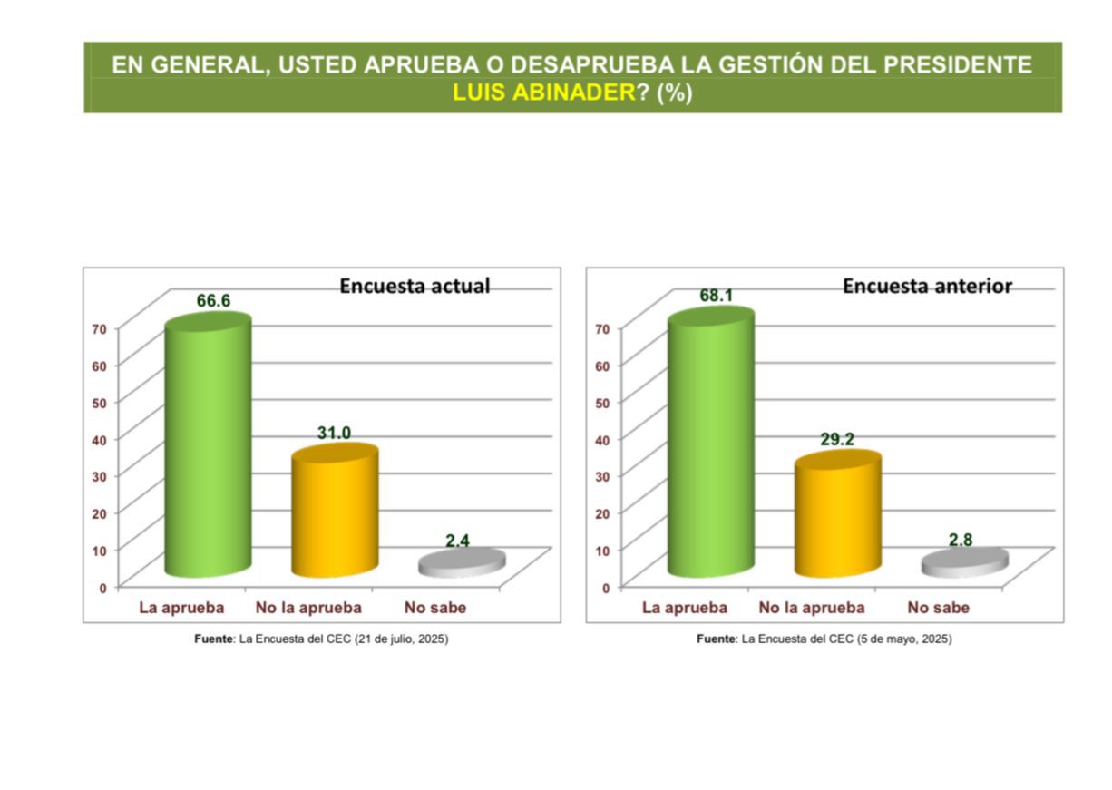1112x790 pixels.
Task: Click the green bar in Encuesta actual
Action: tap(207, 449)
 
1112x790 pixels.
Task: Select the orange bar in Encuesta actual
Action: tap(334, 512)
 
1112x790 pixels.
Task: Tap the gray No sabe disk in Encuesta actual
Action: tap(462, 563)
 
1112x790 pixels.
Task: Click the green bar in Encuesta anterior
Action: tap(710, 444)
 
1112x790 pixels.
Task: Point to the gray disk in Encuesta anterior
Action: tap(964, 563)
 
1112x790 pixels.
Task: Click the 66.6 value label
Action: tap(213, 301)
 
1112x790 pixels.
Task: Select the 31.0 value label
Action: tap(334, 434)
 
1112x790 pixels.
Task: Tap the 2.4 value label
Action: tap(458, 541)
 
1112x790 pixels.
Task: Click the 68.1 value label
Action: tap(717, 296)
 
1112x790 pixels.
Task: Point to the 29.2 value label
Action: tap(837, 439)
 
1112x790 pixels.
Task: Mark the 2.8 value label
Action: tap(961, 540)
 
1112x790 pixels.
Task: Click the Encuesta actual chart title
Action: tap(415, 286)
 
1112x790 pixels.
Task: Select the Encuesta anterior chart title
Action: tap(927, 286)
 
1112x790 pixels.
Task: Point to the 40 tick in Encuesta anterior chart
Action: tap(602, 439)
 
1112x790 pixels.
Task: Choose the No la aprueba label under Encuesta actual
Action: tap(308, 608)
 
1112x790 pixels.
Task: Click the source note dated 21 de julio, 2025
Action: tap(321, 639)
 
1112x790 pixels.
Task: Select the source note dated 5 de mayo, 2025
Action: tap(824, 639)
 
